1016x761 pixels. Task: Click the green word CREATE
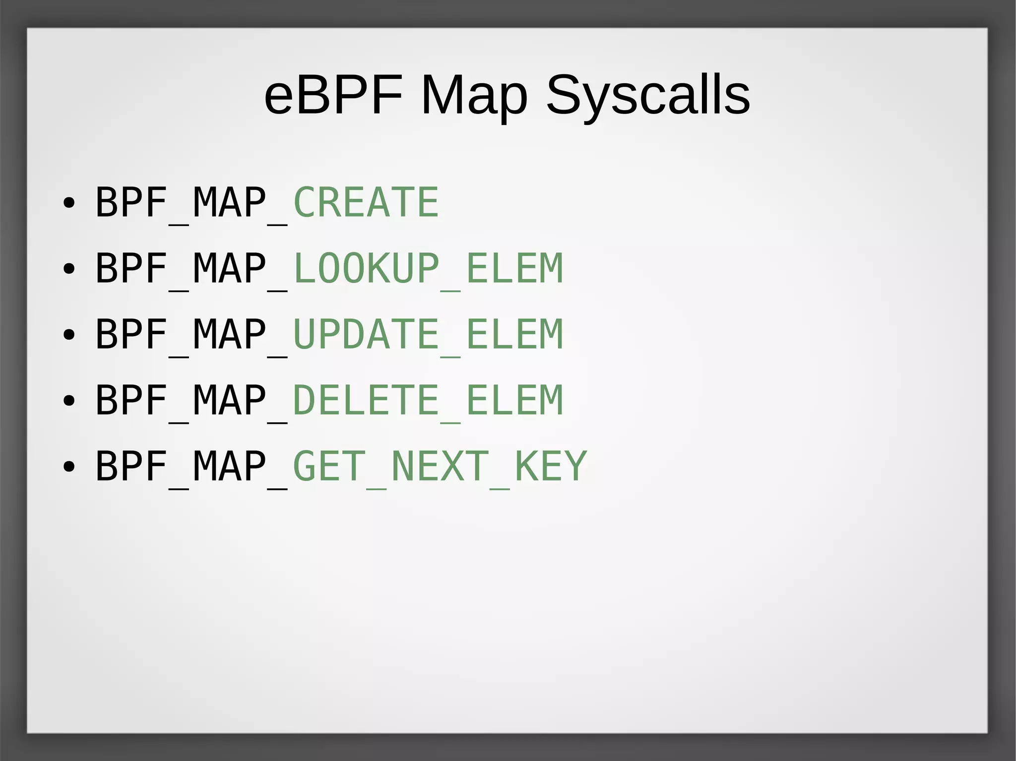[366, 202]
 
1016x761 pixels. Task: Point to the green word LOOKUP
[366, 268]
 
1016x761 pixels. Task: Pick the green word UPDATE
[366, 334]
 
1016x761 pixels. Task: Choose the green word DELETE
[366, 400]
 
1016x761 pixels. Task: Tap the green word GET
[329, 466]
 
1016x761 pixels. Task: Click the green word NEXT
[440, 466]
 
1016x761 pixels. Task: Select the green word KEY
[551, 466]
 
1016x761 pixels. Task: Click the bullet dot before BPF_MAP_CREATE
[69, 203]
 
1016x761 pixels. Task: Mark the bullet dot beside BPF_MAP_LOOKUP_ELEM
[69, 269]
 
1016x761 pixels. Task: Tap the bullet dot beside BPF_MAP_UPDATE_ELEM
[69, 335]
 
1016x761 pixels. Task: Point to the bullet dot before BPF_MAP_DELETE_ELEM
[69, 401]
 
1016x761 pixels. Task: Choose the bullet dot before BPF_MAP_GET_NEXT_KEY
[69, 467]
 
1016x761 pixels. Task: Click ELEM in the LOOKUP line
[514, 268]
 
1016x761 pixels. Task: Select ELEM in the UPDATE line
[514, 334]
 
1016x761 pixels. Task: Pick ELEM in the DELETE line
[514, 400]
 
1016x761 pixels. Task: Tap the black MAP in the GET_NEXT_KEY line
[229, 466]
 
